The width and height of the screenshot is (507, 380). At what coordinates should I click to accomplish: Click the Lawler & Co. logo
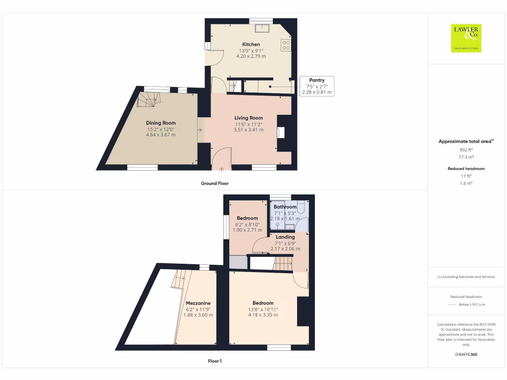pos(466,38)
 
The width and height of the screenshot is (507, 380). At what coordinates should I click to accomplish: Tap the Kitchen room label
pos(251,45)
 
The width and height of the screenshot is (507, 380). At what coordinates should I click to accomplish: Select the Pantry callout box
pos(317,86)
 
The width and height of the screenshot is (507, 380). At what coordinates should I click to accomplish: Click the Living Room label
pos(249,118)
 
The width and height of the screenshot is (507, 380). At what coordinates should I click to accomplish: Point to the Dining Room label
pos(160,123)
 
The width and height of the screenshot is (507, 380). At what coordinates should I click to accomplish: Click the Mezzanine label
pos(198,303)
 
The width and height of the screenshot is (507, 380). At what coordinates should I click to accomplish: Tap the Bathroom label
pos(285,207)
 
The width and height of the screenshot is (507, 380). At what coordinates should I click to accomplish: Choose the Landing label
pos(285,237)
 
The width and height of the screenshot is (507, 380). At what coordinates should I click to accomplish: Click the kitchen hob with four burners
pos(286,46)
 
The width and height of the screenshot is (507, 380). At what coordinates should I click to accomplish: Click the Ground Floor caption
pos(214,184)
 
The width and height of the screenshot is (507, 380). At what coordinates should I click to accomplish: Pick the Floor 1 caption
pos(214,361)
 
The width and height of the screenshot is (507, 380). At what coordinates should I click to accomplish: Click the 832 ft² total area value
pos(466,149)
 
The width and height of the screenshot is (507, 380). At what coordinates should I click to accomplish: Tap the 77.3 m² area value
pos(466,156)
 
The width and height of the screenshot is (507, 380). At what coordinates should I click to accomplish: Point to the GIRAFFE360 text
pos(466,354)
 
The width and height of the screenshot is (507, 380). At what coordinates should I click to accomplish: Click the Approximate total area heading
pos(465,142)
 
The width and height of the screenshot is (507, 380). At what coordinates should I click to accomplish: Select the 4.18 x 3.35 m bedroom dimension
pos(263,315)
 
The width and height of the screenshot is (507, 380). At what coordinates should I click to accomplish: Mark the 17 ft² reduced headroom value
pos(466,176)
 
